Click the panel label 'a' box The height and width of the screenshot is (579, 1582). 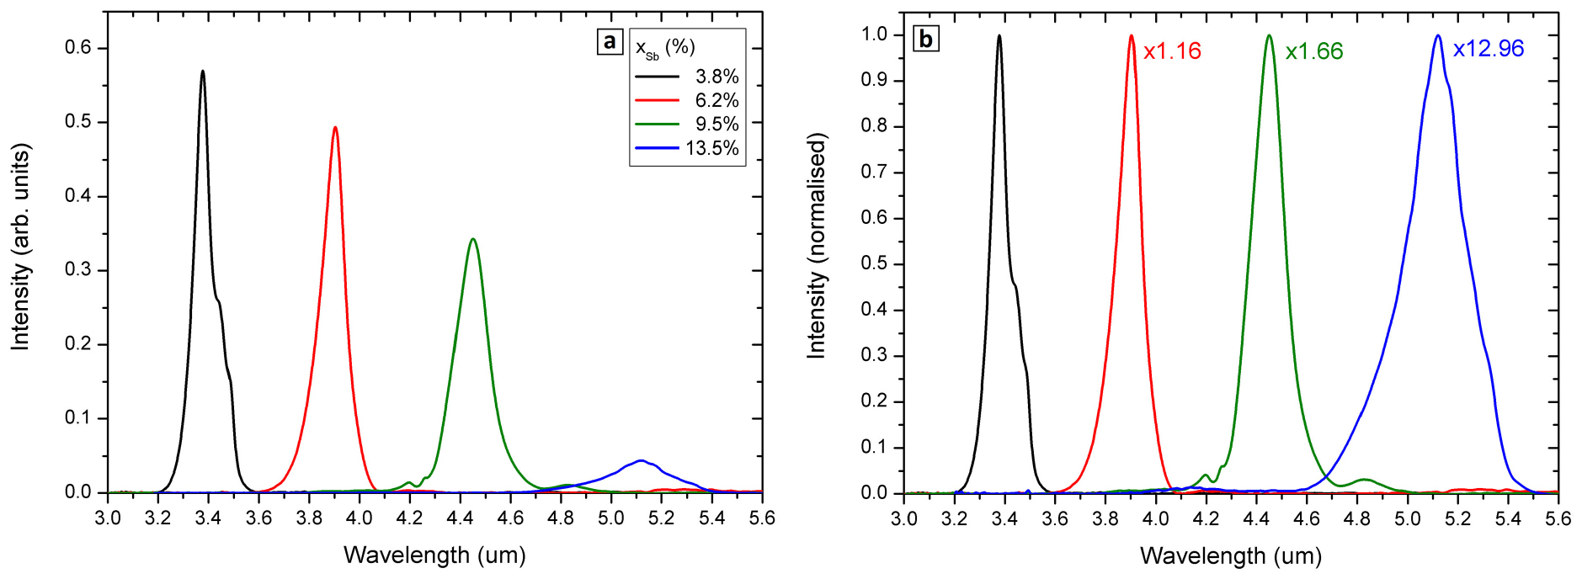610,41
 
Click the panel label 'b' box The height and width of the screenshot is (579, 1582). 926,39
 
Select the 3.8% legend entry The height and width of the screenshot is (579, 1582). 687,77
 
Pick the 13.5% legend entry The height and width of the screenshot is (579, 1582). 687,148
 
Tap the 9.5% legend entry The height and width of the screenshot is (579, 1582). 687,124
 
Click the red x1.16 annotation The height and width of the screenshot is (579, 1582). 1172,51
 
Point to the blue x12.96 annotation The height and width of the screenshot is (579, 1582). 1488,49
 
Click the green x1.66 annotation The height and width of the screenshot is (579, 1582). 1313,51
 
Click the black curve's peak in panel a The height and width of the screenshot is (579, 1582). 203,72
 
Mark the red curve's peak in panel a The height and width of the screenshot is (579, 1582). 335,128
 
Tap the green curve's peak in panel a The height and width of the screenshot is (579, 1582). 473,239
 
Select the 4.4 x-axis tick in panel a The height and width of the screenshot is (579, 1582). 460,518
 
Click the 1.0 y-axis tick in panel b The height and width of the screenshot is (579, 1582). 875,35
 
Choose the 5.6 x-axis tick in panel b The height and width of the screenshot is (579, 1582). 1558,518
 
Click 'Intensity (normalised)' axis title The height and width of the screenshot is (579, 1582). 816,246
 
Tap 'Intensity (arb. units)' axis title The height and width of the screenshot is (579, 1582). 20,247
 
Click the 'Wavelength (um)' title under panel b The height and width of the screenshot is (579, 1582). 1230,555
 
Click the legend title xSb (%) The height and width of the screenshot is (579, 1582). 664,48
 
